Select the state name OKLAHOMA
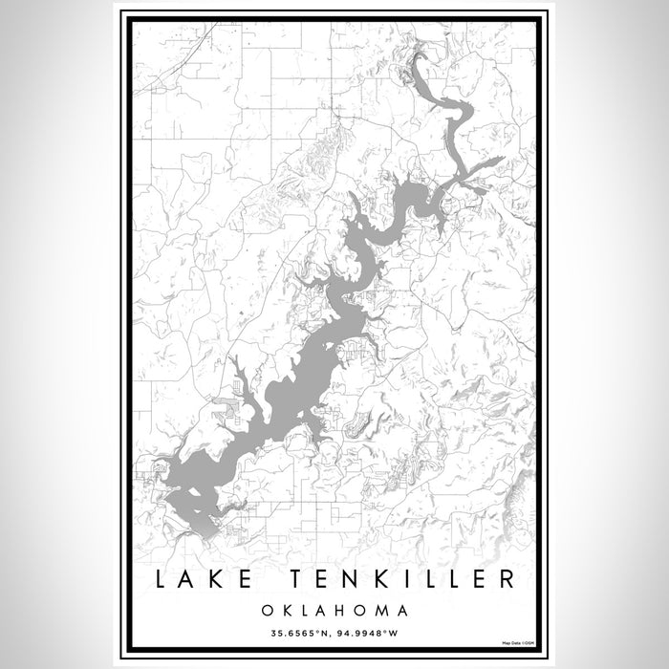click(334, 609)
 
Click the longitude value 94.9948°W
click(376, 631)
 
